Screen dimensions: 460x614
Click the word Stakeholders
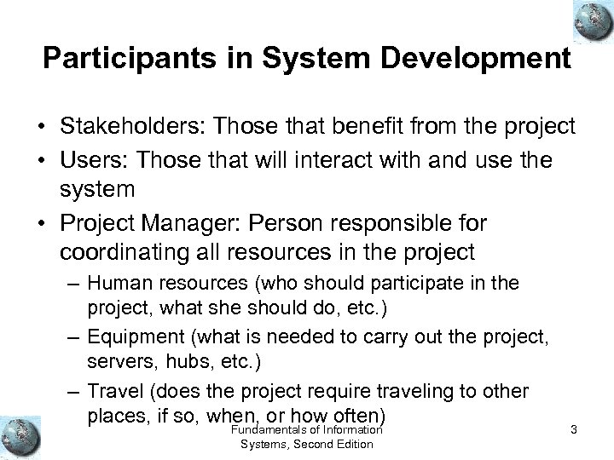click(133, 127)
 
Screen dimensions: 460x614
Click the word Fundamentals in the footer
click(275, 429)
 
